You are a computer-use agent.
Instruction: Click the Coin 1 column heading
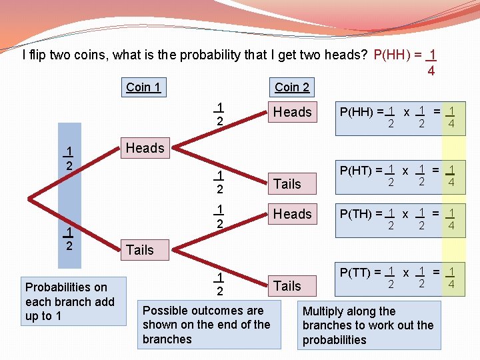point(143,87)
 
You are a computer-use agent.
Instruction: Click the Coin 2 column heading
point(292,87)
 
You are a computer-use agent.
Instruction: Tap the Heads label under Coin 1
point(145,148)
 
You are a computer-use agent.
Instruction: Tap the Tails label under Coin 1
point(139,250)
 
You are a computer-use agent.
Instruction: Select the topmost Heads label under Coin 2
point(292,112)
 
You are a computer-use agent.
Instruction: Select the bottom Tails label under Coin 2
point(287,286)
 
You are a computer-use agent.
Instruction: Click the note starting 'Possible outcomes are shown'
point(206,325)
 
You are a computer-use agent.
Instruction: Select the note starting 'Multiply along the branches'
point(368,325)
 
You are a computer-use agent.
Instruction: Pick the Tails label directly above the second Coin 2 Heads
point(287,184)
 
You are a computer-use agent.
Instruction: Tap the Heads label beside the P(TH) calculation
point(292,214)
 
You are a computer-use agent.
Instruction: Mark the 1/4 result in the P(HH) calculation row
point(451,117)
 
